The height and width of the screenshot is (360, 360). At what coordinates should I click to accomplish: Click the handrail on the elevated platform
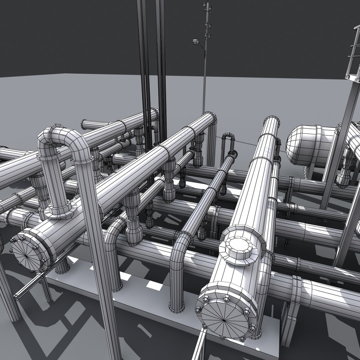tap(353, 53)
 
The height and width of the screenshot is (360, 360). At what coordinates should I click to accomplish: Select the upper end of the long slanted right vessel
tap(271, 123)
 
